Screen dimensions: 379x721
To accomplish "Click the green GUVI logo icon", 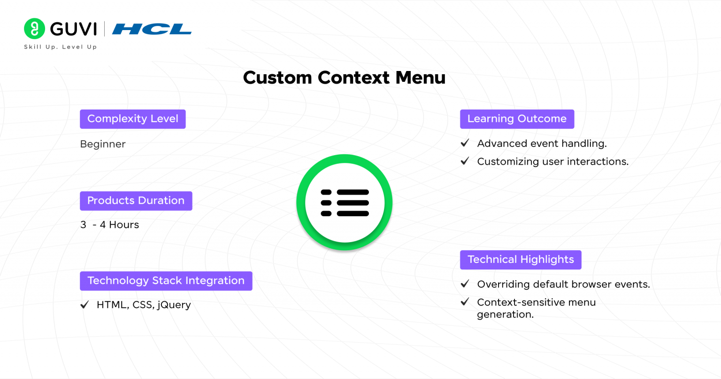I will tap(34, 29).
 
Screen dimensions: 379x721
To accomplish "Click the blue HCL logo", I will tap(152, 29).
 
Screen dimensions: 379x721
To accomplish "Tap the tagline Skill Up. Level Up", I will tap(60, 47).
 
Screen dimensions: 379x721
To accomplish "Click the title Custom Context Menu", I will tap(344, 78).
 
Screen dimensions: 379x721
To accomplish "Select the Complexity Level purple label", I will tap(133, 119).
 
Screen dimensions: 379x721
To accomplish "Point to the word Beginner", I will tap(103, 144).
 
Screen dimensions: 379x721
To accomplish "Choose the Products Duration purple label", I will tap(136, 201).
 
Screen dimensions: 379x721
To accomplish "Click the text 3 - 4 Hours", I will tap(109, 225).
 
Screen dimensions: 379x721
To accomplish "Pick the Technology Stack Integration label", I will tap(166, 281).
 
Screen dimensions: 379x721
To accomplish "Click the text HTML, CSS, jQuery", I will tap(144, 305).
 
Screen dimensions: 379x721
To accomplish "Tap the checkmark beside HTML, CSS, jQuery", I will tap(84, 305).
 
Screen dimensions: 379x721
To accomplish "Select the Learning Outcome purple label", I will tap(517, 119).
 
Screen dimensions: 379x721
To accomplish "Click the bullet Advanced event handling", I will tap(542, 143).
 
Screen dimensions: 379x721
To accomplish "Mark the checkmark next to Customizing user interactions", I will tap(465, 161).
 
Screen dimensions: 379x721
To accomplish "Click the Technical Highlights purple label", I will tap(521, 260).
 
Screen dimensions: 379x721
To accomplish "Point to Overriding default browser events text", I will tap(563, 284).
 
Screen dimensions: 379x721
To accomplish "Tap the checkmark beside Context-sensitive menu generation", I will tap(465, 302).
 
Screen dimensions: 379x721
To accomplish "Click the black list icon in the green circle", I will tap(345, 203).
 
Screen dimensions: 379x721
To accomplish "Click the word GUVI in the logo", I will tap(73, 29).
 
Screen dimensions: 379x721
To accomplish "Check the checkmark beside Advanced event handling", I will tap(465, 143).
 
